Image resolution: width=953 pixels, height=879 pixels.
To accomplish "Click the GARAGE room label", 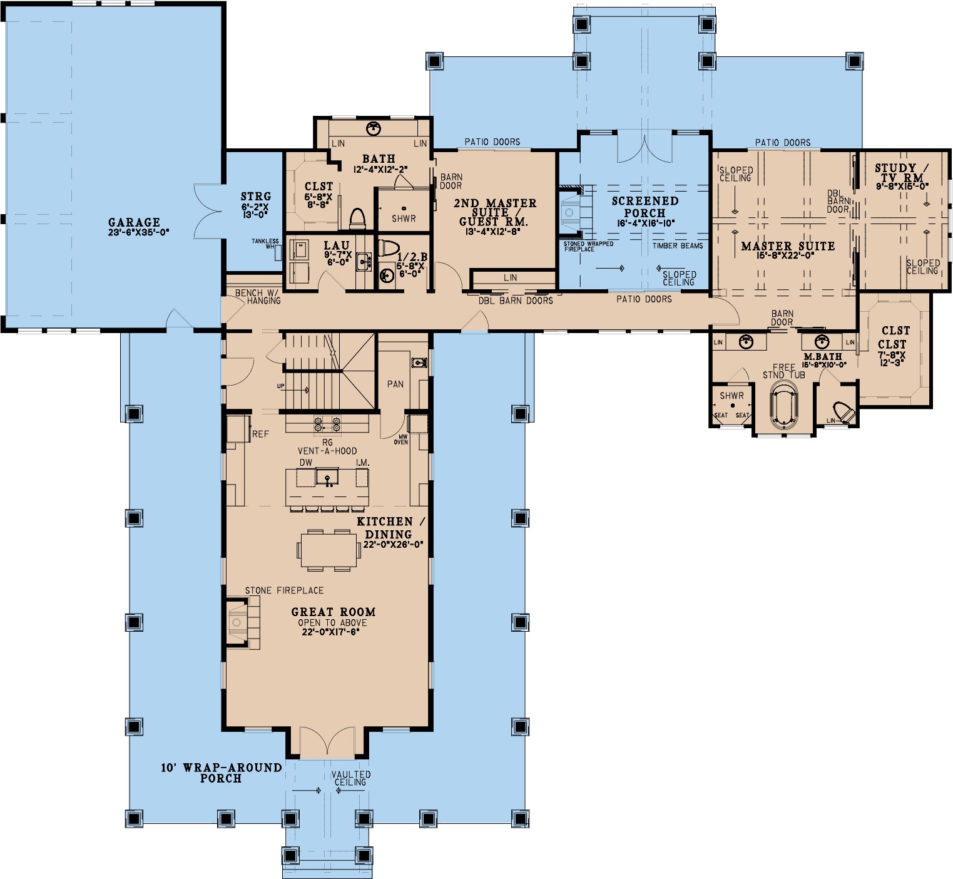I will click(x=134, y=222).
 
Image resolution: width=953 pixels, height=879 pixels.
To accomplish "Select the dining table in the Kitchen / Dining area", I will click(x=324, y=550).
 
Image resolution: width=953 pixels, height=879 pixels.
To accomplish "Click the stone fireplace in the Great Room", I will click(x=237, y=622).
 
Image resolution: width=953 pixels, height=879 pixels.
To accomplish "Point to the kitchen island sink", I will click(x=327, y=479).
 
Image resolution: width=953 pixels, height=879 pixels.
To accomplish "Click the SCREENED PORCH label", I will click(x=645, y=207).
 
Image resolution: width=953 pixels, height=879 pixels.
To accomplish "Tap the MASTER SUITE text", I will click(x=788, y=246).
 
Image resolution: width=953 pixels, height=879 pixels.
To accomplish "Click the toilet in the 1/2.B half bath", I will click(x=389, y=249).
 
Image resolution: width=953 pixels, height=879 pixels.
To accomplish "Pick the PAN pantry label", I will click(x=395, y=384).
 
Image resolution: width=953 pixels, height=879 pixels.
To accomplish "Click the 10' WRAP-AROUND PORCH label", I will click(x=221, y=773).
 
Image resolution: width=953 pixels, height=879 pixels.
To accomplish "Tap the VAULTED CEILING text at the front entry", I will click(x=350, y=778).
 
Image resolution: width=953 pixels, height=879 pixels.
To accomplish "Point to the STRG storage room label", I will click(x=255, y=197).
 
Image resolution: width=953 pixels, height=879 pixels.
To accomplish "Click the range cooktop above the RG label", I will click(x=327, y=425).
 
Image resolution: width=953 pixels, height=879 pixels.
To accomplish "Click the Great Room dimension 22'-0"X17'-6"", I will click(x=332, y=632).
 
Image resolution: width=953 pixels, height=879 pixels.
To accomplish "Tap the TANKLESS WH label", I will click(x=266, y=244).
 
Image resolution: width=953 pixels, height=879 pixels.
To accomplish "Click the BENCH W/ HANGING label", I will click(x=258, y=297).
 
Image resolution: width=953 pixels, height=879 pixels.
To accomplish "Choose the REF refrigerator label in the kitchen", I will click(x=260, y=434).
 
